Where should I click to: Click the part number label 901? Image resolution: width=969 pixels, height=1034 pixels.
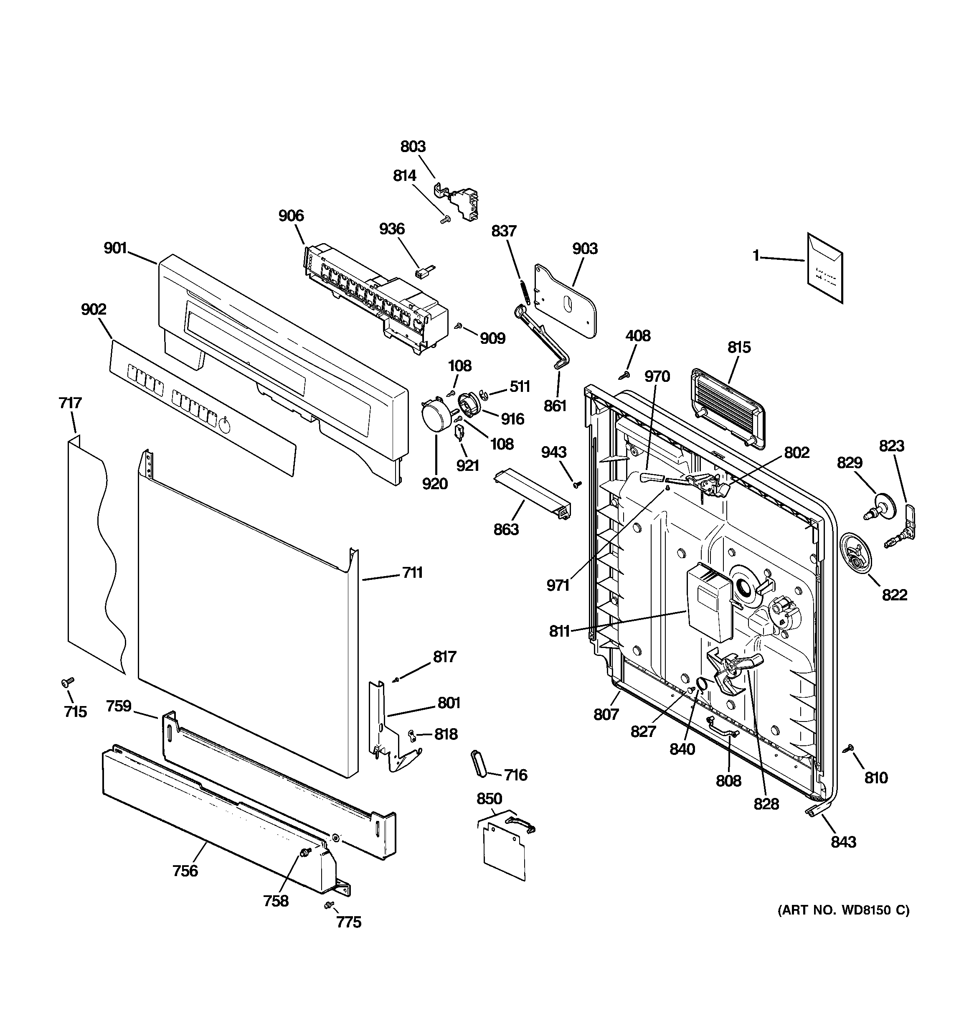pos(115,248)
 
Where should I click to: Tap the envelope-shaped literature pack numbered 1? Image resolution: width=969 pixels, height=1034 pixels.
pos(824,268)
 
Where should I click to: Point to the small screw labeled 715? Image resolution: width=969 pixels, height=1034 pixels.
pos(68,681)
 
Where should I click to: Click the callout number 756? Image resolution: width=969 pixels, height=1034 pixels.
pos(185,871)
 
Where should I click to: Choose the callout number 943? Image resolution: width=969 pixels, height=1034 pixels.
pos(553,452)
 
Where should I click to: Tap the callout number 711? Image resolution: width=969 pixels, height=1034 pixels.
pos(412,573)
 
